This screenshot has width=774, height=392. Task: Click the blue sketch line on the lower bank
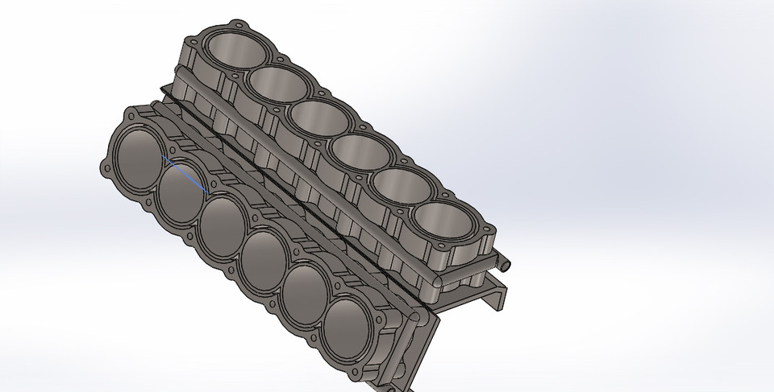[186, 175]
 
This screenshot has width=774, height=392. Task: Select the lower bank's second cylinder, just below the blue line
[182, 196]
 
